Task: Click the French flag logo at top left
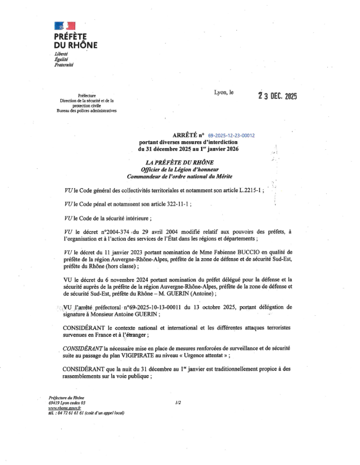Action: point(64,25)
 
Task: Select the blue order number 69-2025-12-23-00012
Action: point(232,136)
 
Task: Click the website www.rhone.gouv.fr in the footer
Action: point(65,407)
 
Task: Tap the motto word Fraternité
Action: point(64,65)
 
